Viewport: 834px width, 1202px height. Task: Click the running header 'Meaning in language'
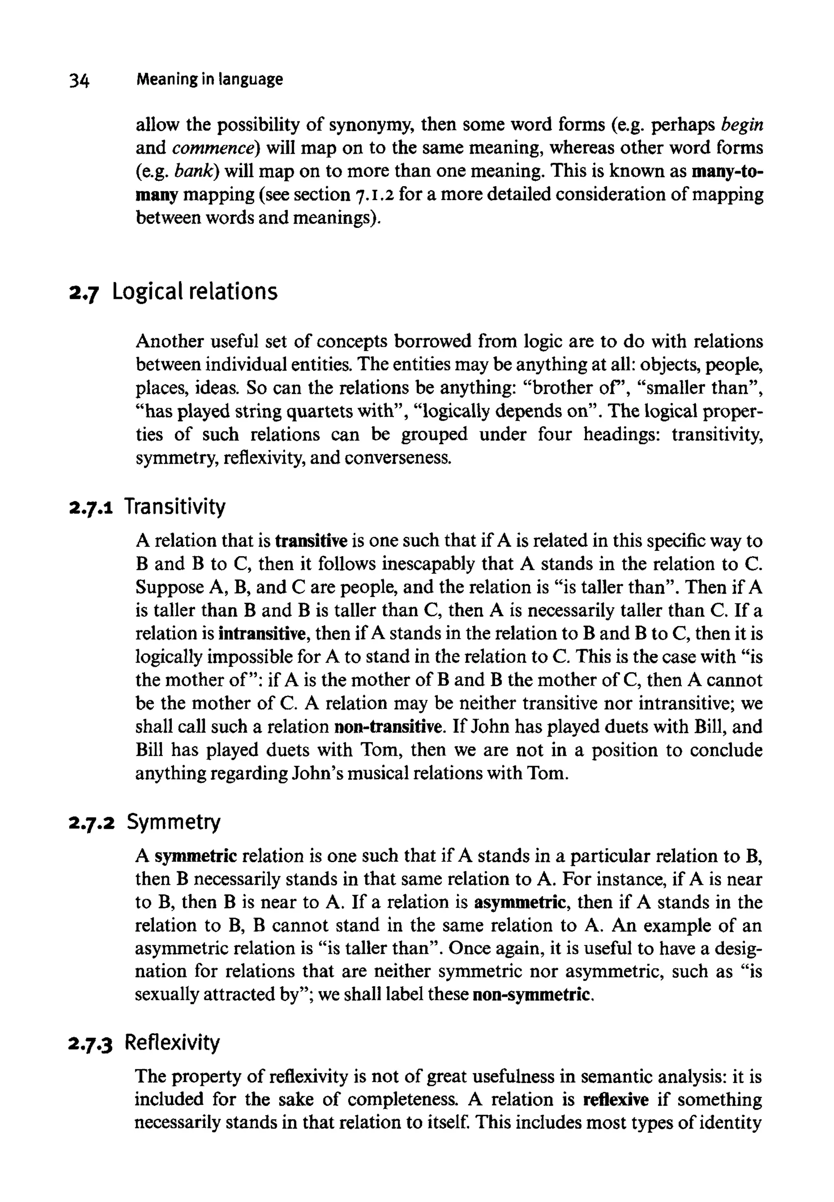(x=209, y=79)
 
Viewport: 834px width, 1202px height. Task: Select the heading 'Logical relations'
(x=194, y=291)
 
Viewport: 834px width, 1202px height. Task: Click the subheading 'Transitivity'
(x=175, y=506)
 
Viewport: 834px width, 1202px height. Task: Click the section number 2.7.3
(x=92, y=1043)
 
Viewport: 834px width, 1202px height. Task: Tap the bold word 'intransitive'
(x=264, y=634)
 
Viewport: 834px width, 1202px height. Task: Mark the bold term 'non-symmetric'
(x=533, y=995)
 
